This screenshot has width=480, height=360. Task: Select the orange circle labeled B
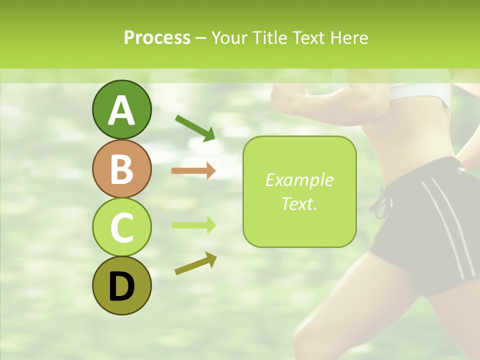[x=121, y=168]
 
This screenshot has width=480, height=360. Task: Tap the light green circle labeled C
[x=121, y=227]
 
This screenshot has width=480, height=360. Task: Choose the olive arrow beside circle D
[x=195, y=263]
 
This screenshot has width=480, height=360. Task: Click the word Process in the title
[x=157, y=37]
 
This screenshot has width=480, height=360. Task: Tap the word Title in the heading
[x=269, y=37]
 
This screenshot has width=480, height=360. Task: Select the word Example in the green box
[x=299, y=180]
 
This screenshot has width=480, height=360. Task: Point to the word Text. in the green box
[x=299, y=203]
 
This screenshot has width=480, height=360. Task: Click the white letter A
[x=121, y=111]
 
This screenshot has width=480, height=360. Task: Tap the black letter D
[x=121, y=286]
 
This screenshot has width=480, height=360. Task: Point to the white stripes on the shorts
[x=447, y=225]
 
